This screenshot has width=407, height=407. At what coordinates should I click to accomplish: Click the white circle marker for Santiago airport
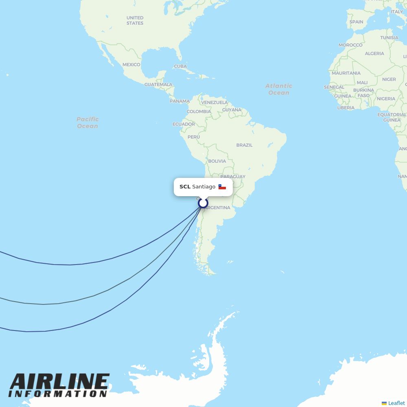tap(203, 203)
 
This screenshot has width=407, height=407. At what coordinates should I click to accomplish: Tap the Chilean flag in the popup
tap(222, 187)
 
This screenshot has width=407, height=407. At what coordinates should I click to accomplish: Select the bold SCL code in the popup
tap(185, 187)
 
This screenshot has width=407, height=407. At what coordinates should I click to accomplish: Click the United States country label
tap(135, 20)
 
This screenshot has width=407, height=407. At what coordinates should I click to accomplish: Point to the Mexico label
tap(131, 65)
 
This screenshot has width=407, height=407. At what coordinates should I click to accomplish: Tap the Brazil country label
tap(244, 145)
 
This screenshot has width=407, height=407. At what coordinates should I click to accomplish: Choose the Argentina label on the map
tap(218, 208)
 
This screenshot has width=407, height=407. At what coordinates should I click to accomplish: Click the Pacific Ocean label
tap(88, 123)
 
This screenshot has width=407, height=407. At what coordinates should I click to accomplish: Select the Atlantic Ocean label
tap(279, 89)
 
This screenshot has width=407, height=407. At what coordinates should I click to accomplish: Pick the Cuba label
tap(180, 66)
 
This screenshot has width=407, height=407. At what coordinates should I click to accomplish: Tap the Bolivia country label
tap(217, 161)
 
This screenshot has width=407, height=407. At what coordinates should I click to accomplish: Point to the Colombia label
tap(199, 112)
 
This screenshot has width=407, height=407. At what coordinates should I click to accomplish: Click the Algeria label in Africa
tap(374, 53)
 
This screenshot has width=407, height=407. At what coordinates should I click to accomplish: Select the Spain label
tap(356, 22)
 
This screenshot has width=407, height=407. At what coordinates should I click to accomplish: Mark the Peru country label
tap(194, 137)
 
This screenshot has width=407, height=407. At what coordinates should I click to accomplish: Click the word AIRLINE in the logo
tap(59, 382)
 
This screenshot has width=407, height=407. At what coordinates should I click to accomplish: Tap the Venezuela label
tap(214, 102)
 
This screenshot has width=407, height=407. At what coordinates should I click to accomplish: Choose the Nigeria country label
tap(386, 98)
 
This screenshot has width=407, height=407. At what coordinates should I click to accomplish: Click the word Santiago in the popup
tap(203, 187)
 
